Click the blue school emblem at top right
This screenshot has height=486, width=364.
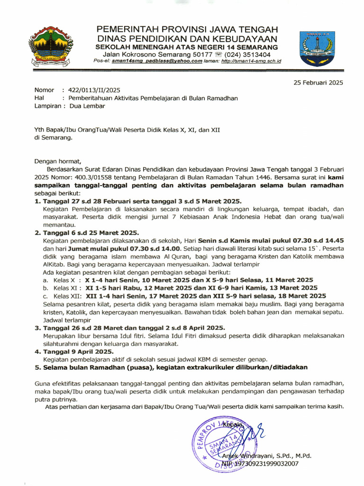(x=317, y=48)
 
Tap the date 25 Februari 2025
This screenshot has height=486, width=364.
(x=318, y=83)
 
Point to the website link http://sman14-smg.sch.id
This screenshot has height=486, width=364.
(x=251, y=61)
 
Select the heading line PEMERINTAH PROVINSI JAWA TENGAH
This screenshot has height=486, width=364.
(x=188, y=29)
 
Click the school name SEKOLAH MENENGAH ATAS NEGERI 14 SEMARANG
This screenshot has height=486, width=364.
(x=187, y=47)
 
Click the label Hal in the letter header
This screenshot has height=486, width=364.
(x=39, y=98)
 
